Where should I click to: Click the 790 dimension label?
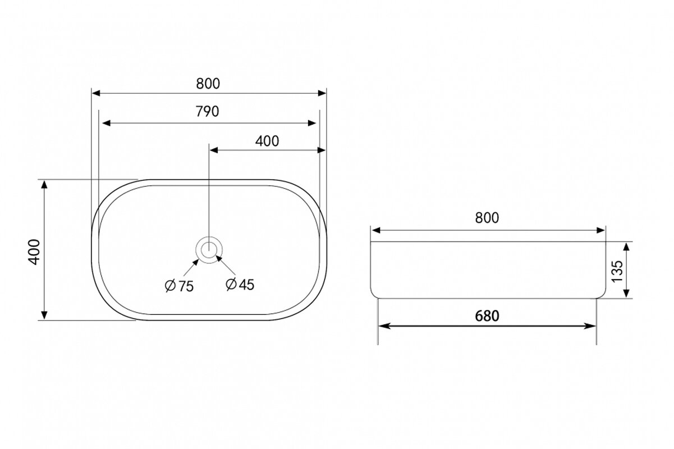pos(207,111)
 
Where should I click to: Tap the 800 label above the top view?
pos(208,84)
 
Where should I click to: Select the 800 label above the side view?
pos(487,218)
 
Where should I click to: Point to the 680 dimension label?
pos(487,316)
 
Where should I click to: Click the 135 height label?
pos(617,271)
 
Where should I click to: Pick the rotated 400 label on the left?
pos(34,252)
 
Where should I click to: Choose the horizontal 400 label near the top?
pos(267,141)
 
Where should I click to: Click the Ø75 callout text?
pos(180,286)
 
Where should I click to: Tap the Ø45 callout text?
pos(240,285)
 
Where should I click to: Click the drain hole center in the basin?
pos(209,250)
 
